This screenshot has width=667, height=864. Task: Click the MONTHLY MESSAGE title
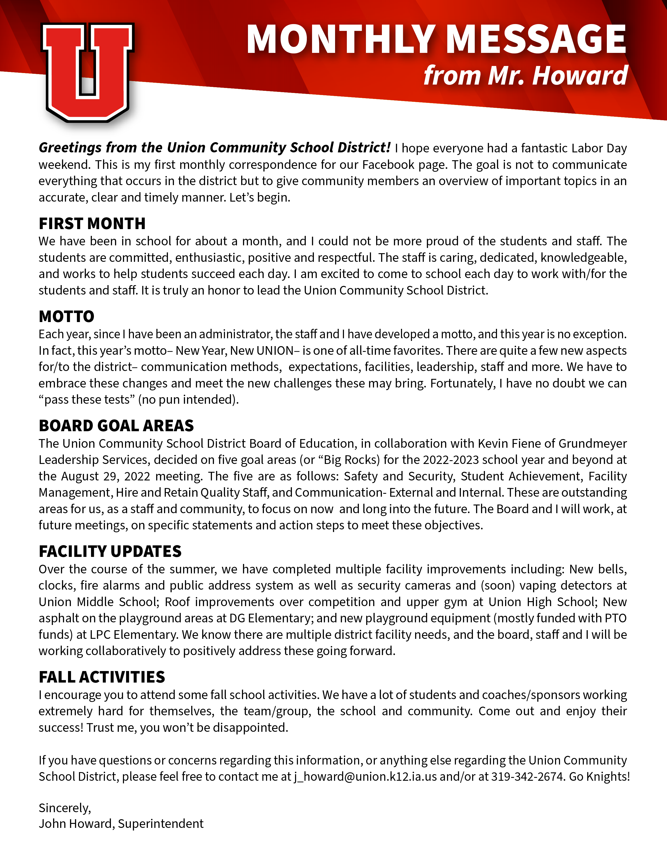tap(436, 39)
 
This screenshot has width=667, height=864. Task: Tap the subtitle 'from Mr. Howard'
tap(525, 75)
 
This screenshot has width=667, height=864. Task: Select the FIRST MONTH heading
tap(92, 224)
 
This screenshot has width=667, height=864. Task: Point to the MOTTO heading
tap(66, 317)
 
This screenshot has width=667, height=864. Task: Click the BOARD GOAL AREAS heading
tap(116, 426)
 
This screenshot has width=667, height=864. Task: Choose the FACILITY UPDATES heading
tap(110, 551)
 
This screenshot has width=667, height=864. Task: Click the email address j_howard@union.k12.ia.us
tap(365, 777)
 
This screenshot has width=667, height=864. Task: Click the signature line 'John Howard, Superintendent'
tap(121, 824)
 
